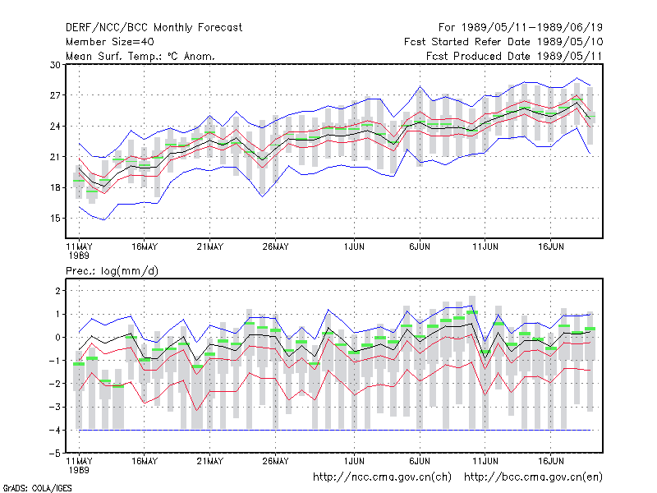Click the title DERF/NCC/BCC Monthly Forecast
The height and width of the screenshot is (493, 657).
[154, 28]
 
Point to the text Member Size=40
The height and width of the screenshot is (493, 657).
[110, 42]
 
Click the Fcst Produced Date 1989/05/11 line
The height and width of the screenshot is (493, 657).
[514, 56]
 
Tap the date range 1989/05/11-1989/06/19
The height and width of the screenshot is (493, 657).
[532, 28]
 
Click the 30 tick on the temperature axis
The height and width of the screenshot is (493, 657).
[55, 65]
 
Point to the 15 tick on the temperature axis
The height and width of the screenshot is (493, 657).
[55, 219]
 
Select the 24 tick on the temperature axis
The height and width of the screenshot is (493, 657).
[55, 127]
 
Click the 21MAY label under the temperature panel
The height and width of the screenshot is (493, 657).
[210, 247]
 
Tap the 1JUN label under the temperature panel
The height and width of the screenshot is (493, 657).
[354, 247]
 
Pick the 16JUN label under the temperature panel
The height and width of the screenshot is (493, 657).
[550, 247]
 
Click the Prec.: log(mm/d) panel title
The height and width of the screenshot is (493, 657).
[112, 271]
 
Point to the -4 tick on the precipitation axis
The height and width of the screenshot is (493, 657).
[54, 430]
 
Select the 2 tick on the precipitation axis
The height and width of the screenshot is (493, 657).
[57, 291]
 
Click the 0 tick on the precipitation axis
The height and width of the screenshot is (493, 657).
[57, 338]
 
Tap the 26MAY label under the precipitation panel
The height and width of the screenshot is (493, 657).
[275, 461]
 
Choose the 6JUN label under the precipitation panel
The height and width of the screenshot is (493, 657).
[420, 461]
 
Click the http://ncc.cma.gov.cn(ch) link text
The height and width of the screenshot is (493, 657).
[382, 477]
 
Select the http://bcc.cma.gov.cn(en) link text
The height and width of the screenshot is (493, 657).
[533, 477]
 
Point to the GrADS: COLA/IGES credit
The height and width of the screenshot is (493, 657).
[37, 488]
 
